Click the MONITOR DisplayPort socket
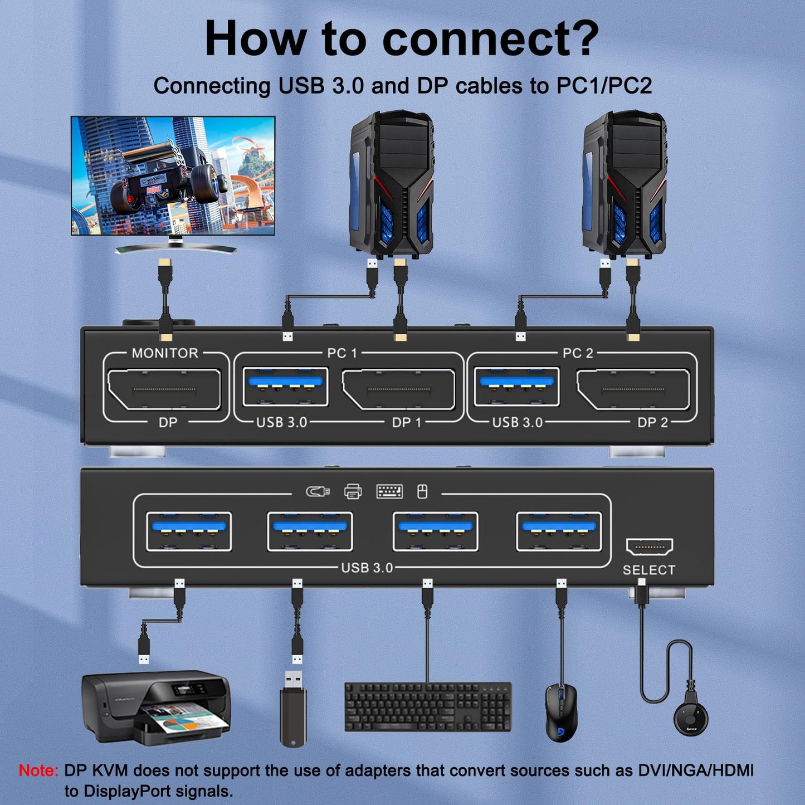tap(164, 389)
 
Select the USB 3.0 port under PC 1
tap(285, 386)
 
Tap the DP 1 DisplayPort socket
tap(398, 389)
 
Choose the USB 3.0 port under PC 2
tap(516, 386)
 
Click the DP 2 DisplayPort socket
tap(633, 389)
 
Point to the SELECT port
tap(649, 547)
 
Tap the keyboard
tap(428, 707)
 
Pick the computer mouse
tap(560, 713)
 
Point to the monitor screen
tap(173, 175)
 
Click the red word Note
tap(38, 770)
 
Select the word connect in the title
tap(490, 39)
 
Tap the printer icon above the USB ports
tap(353, 491)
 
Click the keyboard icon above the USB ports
tap(389, 491)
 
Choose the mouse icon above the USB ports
tap(422, 491)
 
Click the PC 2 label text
tap(578, 353)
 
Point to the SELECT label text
tap(648, 570)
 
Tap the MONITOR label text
tap(165, 353)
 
